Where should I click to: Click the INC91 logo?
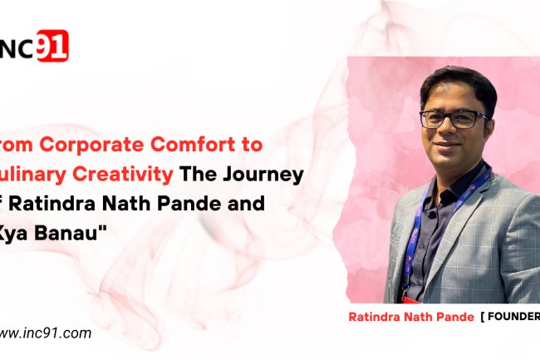point(35,47)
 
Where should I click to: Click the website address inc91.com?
point(46,333)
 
